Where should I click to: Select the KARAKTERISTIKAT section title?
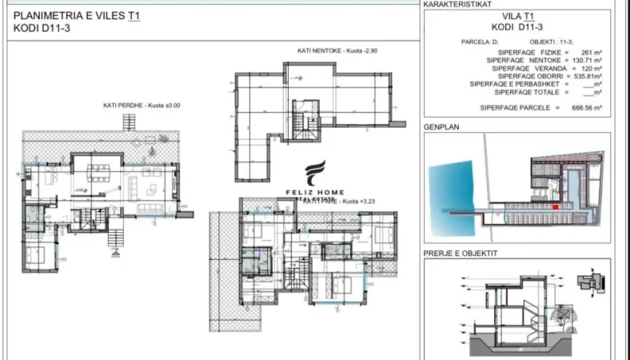[457, 4]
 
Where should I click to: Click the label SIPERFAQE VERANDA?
[524, 68]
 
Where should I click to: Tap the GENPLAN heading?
[442, 126]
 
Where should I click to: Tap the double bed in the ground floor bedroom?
[37, 257]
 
